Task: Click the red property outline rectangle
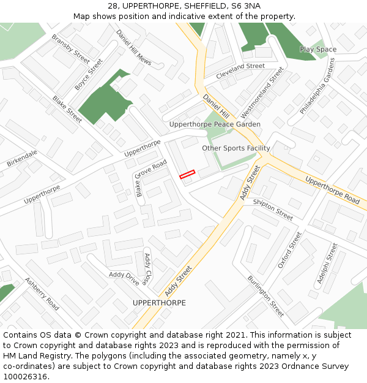187,175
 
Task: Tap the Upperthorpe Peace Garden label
215,124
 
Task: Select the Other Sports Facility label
236,148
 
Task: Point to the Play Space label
317,50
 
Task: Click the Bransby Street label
70,48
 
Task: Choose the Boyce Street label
89,75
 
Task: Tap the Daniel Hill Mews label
133,48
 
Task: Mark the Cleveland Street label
240,66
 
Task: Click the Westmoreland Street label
262,93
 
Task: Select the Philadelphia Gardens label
318,86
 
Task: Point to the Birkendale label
22,159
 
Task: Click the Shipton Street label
273,210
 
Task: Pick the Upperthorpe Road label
332,190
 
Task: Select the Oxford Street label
290,249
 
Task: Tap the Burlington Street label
265,296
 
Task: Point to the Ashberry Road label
42,294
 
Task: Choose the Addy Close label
146,268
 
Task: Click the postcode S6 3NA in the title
243,6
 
